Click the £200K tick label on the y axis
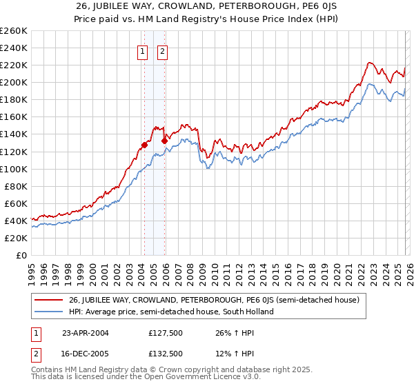13,82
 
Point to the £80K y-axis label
15,186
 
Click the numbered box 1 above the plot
143,50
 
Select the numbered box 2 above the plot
163,50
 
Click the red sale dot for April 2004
144,145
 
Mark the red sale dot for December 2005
164,141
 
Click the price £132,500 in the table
165,353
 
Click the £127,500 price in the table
165,333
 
